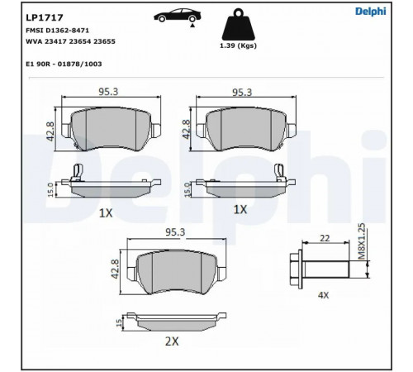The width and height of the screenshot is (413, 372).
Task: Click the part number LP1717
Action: tap(45, 17)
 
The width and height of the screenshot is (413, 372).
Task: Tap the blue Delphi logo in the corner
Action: tap(371, 12)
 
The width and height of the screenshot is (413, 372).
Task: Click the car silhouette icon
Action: tap(178, 15)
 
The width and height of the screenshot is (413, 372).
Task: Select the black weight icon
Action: tap(239, 25)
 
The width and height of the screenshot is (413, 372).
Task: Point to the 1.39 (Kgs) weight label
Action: tap(238, 45)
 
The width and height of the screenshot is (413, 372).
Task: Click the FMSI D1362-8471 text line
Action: tap(57, 31)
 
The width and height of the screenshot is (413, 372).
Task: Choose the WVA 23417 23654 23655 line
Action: tap(70, 41)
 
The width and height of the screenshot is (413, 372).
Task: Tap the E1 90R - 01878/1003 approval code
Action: tap(64, 64)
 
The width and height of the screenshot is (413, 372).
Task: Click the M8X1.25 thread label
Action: tap(362, 241)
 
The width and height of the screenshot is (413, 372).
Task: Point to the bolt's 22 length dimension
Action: tap(325, 238)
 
